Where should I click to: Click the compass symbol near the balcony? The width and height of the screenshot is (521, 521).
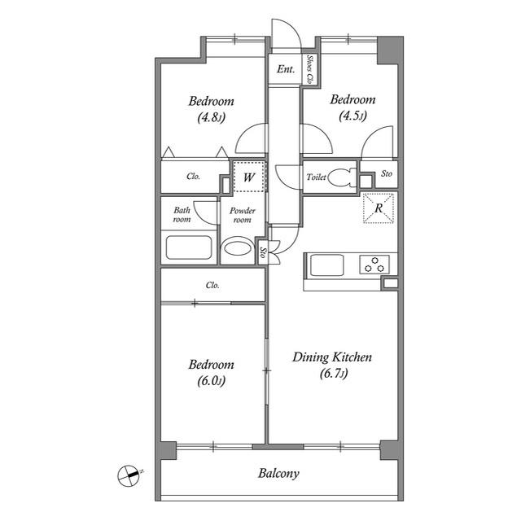129,474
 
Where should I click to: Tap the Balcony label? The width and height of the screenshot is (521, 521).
278,473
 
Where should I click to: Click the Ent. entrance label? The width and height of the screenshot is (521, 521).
285,70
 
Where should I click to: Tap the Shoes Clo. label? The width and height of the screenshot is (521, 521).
310,69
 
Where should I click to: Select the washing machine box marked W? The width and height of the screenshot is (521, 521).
248,177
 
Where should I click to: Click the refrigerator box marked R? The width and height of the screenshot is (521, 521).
379,207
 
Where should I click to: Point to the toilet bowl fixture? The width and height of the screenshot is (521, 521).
341,177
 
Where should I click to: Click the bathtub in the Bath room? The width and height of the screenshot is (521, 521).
189,247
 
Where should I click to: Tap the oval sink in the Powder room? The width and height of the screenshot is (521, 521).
239,248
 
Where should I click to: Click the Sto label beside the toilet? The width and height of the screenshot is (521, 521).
386,173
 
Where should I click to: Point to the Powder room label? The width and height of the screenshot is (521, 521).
242,216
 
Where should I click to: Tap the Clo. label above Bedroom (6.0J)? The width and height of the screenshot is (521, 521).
212,285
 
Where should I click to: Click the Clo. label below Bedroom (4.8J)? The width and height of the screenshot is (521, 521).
193,176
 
